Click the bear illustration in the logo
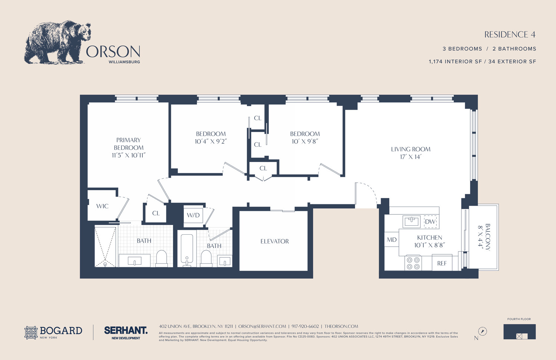coord(57,42)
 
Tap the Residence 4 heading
coord(510,34)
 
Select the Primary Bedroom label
coord(129,144)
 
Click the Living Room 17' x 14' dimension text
coord(411,157)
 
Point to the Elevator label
coord(275,241)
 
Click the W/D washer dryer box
coord(193,215)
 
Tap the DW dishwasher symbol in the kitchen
coord(430,221)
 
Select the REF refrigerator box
coord(442,263)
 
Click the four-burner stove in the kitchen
coord(413,263)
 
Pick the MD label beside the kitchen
coord(392,240)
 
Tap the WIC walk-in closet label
coord(102,206)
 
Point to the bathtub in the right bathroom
coord(187,250)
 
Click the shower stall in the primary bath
coord(105,247)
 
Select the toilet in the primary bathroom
coord(162,258)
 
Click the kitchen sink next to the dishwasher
coord(411,221)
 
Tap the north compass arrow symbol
coord(483,331)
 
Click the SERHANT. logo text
coord(126,330)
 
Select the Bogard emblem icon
coord(31,333)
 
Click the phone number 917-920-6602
coord(305,326)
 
